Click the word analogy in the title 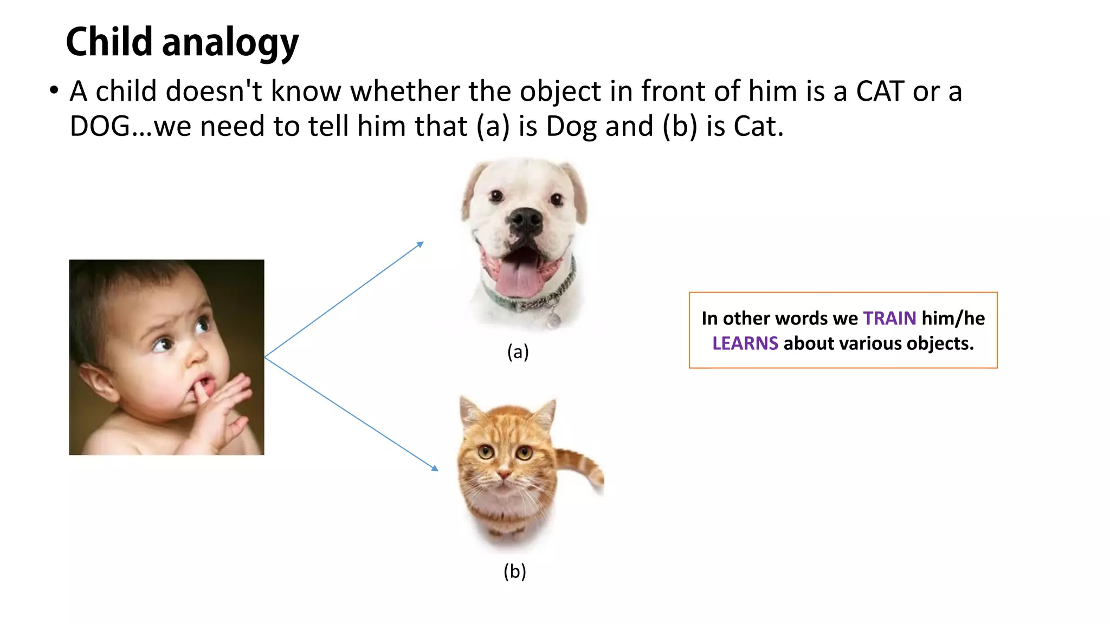pyautogui.click(x=230, y=43)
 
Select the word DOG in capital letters pyautogui.click(x=100, y=126)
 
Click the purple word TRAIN pyautogui.click(x=889, y=318)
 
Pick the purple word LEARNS pyautogui.click(x=745, y=343)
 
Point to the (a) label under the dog pyautogui.click(x=518, y=352)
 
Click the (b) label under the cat pyautogui.click(x=514, y=571)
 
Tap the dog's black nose pyautogui.click(x=525, y=219)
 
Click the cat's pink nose pyautogui.click(x=504, y=474)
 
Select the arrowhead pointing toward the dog pyautogui.click(x=420, y=244)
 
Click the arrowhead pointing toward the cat pyautogui.click(x=435, y=468)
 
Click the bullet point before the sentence pyautogui.click(x=53, y=91)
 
